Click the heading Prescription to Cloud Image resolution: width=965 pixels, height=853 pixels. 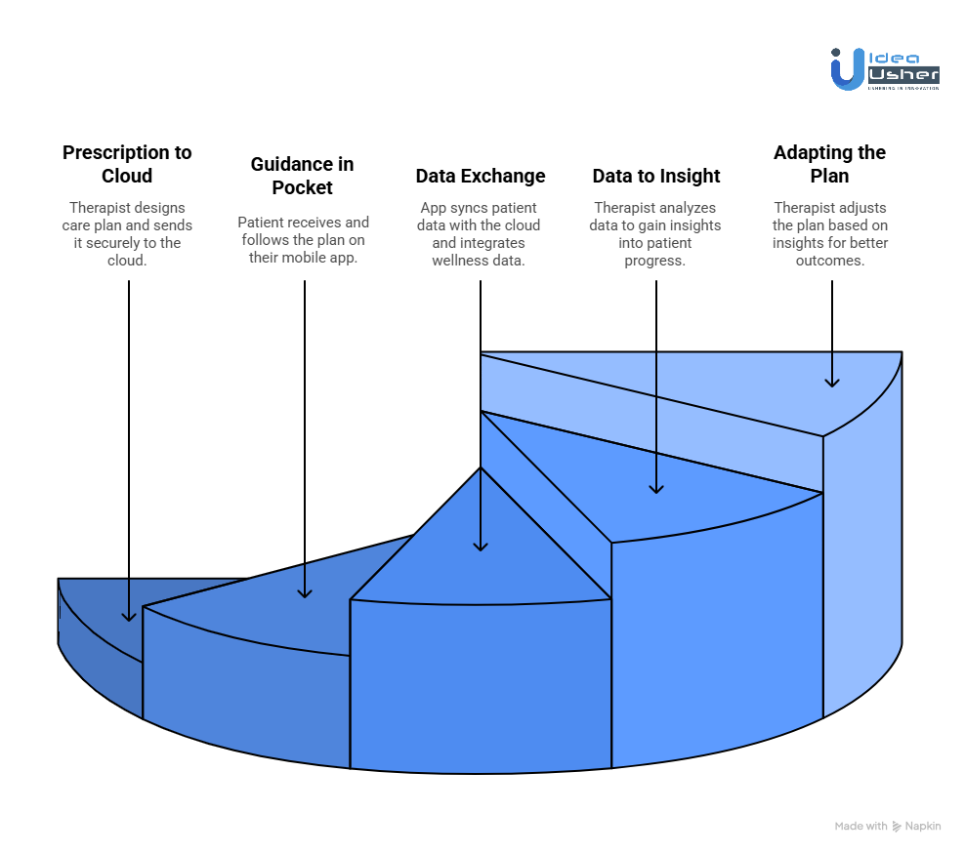pyautogui.click(x=127, y=164)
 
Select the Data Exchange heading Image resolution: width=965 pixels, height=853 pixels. pyautogui.click(x=481, y=176)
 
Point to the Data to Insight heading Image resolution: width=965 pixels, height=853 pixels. pyautogui.click(x=656, y=176)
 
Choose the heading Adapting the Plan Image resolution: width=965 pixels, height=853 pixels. pyautogui.click(x=829, y=164)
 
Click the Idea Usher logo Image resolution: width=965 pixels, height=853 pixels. pyautogui.click(x=885, y=70)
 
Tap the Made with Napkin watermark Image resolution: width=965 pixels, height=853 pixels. pyautogui.click(x=887, y=826)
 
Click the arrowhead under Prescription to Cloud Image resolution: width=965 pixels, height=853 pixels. pyautogui.click(x=128, y=616)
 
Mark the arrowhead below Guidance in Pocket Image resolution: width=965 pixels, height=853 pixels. pyautogui.click(x=305, y=591)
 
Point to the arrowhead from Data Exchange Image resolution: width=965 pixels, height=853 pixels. pyautogui.click(x=481, y=546)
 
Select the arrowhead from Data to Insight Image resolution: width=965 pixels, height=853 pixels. pyautogui.click(x=656, y=487)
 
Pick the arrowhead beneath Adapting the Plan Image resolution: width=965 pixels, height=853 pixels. pyautogui.click(x=831, y=382)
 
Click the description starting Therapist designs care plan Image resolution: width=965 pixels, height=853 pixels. pyautogui.click(x=127, y=234)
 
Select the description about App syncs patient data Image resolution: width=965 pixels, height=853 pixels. pyautogui.click(x=480, y=234)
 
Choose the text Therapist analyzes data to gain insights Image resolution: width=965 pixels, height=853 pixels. pyautogui.click(x=656, y=234)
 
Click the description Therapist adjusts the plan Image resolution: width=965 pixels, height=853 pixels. pyautogui.click(x=831, y=234)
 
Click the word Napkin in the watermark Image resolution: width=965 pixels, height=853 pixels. pyautogui.click(x=923, y=826)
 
